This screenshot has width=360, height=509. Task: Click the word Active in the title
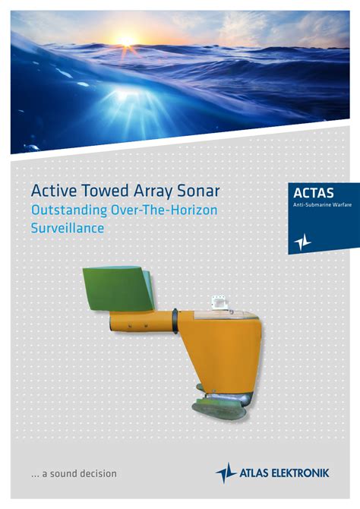(53, 191)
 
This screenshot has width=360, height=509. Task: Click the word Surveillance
(68, 228)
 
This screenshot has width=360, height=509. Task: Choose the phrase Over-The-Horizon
(164, 210)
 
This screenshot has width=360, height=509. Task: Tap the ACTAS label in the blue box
(313, 193)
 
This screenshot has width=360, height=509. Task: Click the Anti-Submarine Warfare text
(322, 205)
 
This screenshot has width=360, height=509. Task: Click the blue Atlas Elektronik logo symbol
(226, 473)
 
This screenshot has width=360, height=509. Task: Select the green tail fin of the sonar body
(118, 288)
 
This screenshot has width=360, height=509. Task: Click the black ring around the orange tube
(175, 321)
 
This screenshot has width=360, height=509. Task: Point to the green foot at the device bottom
(219, 407)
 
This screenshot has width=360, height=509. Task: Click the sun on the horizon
(127, 41)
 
